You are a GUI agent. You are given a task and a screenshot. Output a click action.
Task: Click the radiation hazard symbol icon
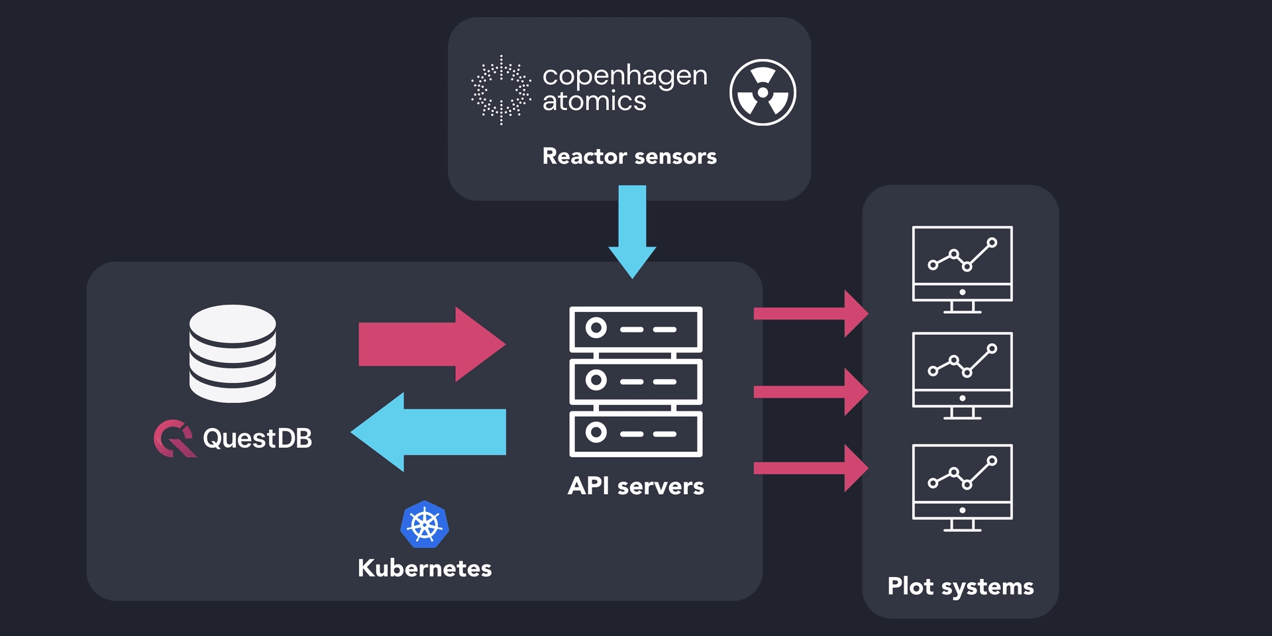point(763,93)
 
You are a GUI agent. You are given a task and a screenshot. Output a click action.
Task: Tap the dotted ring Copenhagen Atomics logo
point(501,90)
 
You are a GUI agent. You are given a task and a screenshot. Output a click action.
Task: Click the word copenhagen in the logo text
point(624,76)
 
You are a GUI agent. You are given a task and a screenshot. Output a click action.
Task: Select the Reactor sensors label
point(629,156)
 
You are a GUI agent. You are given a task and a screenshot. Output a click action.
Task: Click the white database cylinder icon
point(233,354)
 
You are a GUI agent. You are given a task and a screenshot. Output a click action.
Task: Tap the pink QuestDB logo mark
point(174,439)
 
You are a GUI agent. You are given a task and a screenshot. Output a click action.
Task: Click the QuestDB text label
point(257,439)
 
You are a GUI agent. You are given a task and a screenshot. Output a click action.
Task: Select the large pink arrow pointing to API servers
point(431,344)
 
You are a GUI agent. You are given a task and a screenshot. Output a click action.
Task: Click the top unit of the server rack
point(635,329)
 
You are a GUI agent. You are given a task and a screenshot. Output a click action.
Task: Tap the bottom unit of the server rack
point(635,434)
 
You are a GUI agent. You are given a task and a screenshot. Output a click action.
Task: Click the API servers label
point(635,486)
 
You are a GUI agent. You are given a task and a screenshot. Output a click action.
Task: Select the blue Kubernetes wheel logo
point(425,525)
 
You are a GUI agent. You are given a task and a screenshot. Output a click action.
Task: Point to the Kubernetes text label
point(425,568)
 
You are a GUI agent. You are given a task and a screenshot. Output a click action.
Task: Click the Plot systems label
point(960,587)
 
